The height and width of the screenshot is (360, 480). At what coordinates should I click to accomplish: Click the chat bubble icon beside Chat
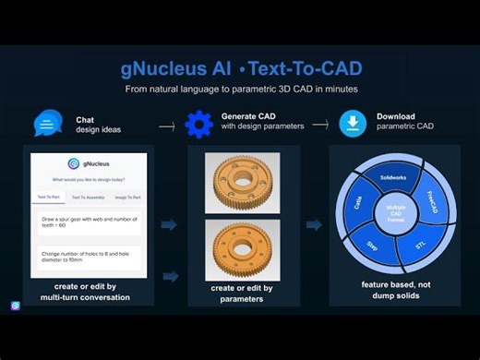(48, 123)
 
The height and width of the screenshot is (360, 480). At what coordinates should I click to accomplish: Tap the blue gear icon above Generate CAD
(198, 123)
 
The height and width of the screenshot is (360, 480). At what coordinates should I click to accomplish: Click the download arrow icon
(354, 123)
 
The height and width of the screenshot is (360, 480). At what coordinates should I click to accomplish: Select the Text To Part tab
(49, 197)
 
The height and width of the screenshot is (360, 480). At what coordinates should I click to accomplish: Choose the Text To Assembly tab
(89, 197)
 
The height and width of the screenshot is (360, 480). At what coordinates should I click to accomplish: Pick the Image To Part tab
(128, 197)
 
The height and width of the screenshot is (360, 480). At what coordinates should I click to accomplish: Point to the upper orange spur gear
(242, 179)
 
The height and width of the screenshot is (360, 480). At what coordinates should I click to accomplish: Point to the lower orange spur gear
(242, 247)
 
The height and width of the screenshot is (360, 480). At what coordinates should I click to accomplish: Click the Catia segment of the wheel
(357, 202)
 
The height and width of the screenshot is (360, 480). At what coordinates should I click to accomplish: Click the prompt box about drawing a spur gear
(89, 222)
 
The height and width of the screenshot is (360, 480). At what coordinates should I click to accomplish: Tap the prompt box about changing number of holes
(89, 258)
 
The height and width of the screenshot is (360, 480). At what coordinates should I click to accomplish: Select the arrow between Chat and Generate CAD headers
(166, 126)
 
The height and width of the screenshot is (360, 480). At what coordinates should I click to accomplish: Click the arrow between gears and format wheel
(314, 224)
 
